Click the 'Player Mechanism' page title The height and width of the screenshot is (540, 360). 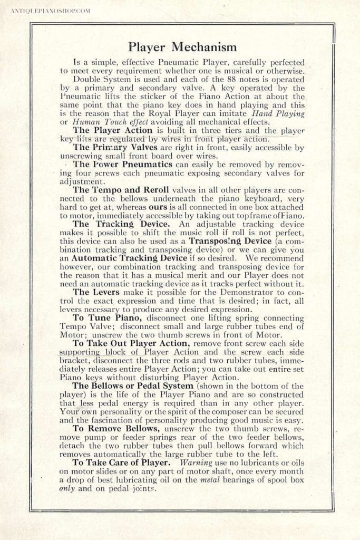[180, 49]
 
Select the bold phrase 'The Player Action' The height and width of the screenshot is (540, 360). [104, 130]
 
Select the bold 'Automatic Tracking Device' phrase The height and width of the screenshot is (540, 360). [129, 258]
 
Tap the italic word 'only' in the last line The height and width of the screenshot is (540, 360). [67, 488]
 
